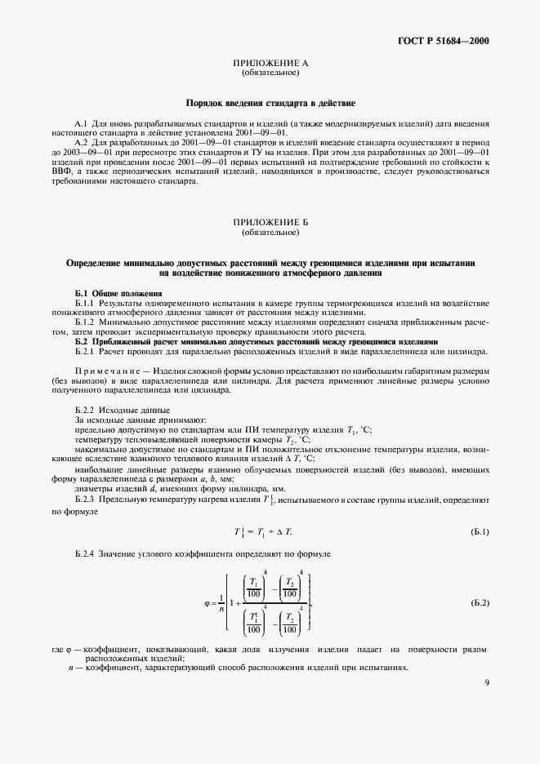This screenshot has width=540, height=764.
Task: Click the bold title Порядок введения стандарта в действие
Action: point(270,104)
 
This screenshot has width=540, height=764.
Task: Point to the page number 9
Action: point(486,684)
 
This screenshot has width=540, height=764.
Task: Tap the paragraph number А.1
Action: point(83,122)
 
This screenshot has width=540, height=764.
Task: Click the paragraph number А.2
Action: point(83,142)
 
